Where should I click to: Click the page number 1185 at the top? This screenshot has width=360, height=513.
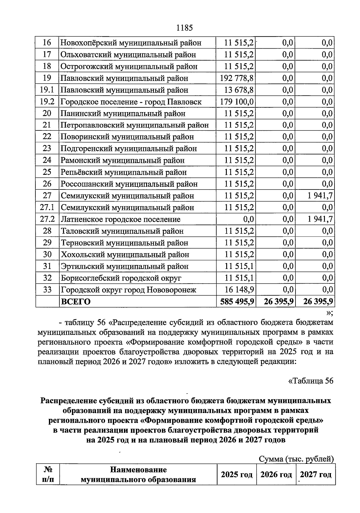(184, 28)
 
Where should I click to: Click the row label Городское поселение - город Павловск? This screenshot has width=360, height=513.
(131, 102)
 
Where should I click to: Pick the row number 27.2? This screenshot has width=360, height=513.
(47, 219)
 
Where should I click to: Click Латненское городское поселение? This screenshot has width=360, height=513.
(121, 219)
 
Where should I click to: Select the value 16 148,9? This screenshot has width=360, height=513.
(239, 290)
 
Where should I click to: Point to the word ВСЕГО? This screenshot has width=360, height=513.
(76, 302)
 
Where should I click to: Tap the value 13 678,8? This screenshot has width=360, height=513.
(239, 90)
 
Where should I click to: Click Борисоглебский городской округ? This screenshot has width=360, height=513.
(121, 278)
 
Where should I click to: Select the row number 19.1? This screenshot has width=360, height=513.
(47, 90)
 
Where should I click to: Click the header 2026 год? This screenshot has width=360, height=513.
(276, 475)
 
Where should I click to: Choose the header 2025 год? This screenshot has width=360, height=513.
(237, 475)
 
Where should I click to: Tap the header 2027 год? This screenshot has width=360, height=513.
(316, 475)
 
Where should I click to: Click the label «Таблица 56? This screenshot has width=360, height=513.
(310, 381)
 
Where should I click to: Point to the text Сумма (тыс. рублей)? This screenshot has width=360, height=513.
(296, 459)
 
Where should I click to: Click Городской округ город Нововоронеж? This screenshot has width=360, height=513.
(128, 290)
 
